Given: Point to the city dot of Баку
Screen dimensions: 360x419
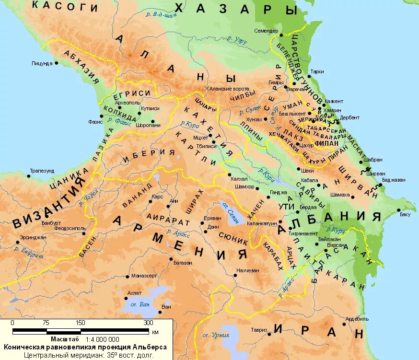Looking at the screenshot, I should [398, 209].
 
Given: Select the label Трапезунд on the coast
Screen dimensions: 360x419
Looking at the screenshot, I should [42, 170].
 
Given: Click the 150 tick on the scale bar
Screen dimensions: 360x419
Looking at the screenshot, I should [80, 323].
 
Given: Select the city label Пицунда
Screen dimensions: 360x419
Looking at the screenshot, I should [42, 63].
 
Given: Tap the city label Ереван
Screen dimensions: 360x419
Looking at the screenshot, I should [212, 217].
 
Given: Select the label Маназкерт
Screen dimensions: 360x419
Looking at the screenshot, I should [144, 277].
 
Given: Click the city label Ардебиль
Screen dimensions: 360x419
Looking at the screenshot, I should [357, 318].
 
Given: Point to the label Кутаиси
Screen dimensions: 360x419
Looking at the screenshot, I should [150, 108].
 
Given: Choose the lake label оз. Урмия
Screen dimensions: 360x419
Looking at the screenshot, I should [214, 335].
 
